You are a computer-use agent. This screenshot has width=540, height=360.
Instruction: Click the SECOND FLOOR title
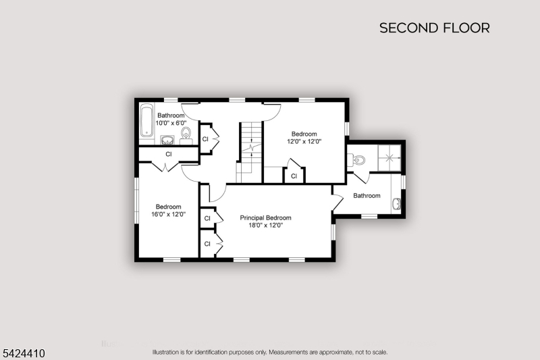(x=435, y=28)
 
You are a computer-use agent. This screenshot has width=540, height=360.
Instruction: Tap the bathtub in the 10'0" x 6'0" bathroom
(x=146, y=120)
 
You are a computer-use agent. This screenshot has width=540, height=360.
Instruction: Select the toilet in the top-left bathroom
(x=186, y=134)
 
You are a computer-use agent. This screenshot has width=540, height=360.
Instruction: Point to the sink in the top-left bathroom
(x=167, y=140)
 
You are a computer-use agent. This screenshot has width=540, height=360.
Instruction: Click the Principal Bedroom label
(x=265, y=217)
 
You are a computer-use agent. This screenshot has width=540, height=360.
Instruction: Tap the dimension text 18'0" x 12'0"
(x=265, y=226)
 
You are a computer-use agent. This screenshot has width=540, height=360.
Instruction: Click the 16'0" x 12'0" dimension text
(x=168, y=214)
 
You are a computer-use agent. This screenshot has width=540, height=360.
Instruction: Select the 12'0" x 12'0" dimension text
(x=304, y=141)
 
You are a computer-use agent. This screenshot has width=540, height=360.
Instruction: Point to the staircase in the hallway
(x=249, y=152)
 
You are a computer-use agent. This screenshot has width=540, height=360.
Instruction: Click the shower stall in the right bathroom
(x=389, y=158)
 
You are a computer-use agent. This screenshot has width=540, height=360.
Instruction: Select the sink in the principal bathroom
(x=396, y=203)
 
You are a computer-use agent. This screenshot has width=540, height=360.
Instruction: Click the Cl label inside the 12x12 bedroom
(x=294, y=176)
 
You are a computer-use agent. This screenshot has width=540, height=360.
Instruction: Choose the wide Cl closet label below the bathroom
(x=168, y=154)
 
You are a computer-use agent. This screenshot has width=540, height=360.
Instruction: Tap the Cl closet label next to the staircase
(x=205, y=139)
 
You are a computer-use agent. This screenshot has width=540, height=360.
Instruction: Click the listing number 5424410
(x=24, y=353)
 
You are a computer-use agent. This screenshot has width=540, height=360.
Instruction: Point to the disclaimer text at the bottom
(x=269, y=352)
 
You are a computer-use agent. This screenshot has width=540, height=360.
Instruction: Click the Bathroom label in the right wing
(x=367, y=196)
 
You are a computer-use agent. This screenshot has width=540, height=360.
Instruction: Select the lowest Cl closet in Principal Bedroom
(x=207, y=244)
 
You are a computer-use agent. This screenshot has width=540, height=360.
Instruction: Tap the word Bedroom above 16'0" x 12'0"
(x=168, y=207)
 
